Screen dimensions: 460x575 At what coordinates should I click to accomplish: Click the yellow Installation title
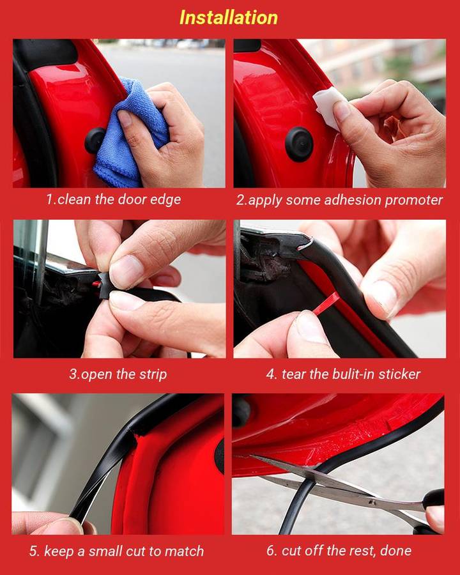pyautogui.click(x=228, y=17)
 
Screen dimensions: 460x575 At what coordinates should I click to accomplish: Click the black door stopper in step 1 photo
pyautogui.click(x=95, y=141)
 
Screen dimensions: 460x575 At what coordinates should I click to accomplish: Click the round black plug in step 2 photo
pyautogui.click(x=299, y=144)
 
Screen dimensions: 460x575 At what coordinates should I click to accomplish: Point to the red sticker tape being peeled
pyautogui.click(x=326, y=303)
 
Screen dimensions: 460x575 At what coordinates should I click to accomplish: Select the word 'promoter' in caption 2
pyautogui.click(x=413, y=200)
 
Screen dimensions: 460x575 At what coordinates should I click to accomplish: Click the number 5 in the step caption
pyautogui.click(x=33, y=551)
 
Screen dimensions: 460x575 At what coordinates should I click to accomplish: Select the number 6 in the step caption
pyautogui.click(x=270, y=551)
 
